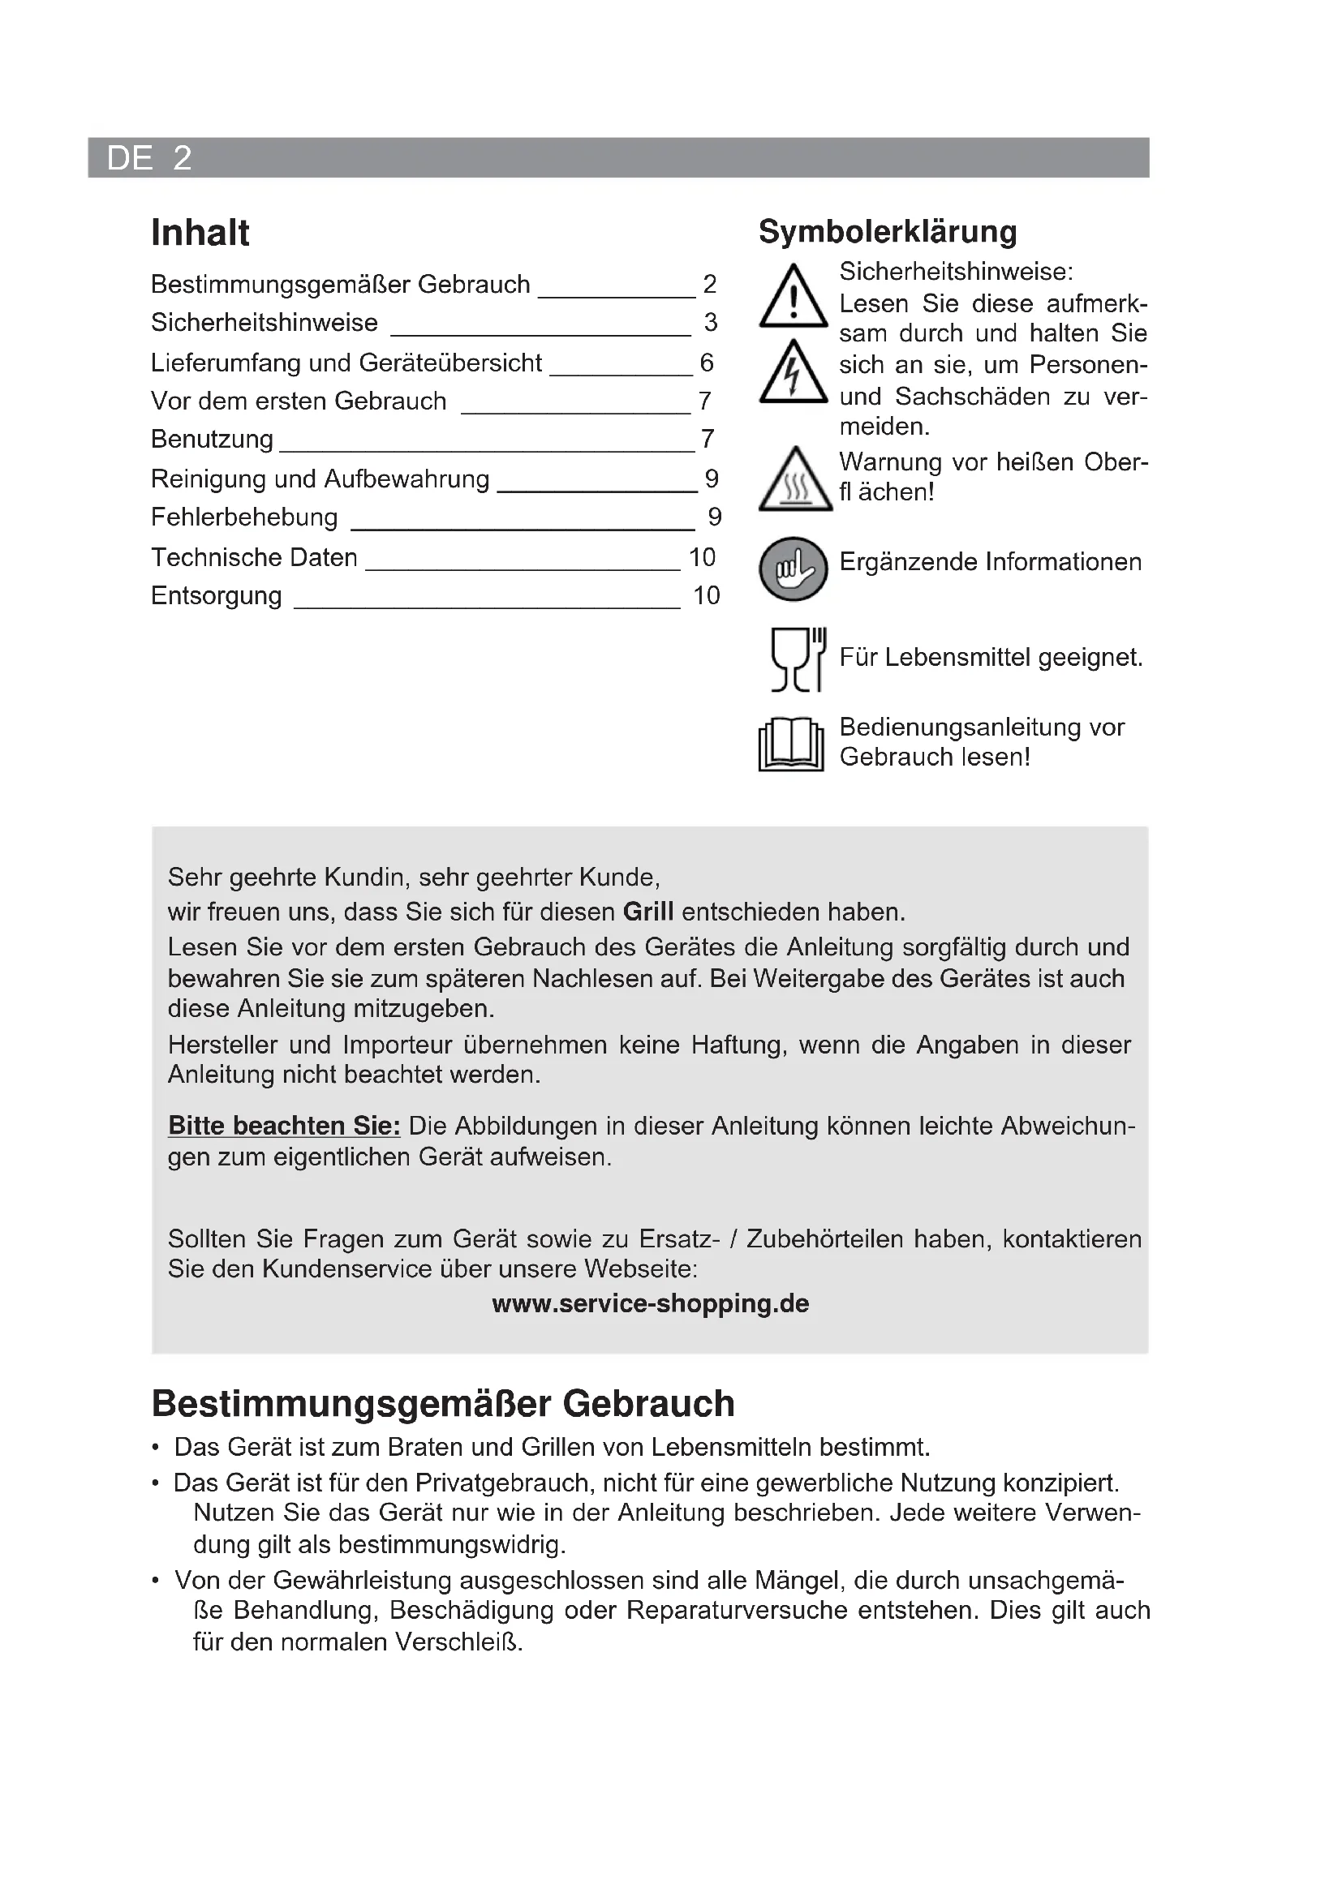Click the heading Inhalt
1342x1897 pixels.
pyautogui.click(x=200, y=233)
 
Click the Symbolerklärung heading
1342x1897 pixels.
pyautogui.click(x=888, y=232)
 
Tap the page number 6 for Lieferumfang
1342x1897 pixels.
pyautogui.click(x=707, y=362)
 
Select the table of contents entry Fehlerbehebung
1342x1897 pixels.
pyautogui.click(x=244, y=517)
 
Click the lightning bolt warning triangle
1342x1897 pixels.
pyautogui.click(x=794, y=373)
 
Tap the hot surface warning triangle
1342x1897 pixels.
pyautogui.click(x=795, y=481)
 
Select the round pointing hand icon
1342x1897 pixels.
pyautogui.click(x=794, y=569)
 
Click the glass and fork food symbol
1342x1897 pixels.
pyautogui.click(x=797, y=659)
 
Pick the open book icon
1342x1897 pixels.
pyautogui.click(x=791, y=744)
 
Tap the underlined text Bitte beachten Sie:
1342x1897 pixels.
pyautogui.click(x=284, y=1127)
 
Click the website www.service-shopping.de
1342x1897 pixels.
pyautogui.click(x=651, y=1303)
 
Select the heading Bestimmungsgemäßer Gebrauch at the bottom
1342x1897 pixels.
pyautogui.click(x=443, y=1404)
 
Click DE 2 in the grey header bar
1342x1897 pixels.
pyautogui.click(x=149, y=158)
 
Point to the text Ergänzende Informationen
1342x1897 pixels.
pyautogui.click(x=990, y=562)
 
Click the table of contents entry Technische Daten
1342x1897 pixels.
pyautogui.click(x=254, y=558)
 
